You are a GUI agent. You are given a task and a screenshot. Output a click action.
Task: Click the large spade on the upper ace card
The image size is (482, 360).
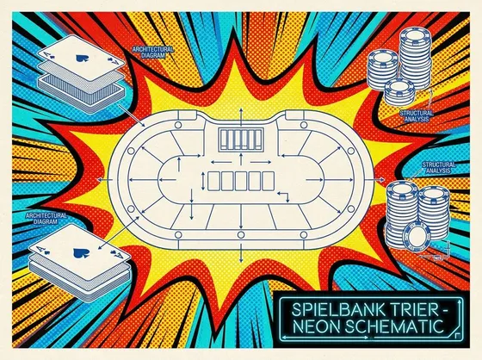(82, 58)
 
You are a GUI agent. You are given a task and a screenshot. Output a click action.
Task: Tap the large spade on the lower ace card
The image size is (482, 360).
(81, 253)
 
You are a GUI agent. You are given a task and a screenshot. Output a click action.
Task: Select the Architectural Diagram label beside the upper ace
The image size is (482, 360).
(153, 53)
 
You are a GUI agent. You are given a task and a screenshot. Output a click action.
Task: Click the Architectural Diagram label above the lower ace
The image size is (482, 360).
(46, 219)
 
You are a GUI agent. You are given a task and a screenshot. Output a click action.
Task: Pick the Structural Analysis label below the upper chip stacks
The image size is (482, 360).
(417, 116)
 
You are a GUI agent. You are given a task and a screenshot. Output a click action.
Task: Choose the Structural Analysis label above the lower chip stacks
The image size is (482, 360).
(439, 167)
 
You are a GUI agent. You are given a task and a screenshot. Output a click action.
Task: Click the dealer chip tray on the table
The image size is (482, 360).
(241, 139)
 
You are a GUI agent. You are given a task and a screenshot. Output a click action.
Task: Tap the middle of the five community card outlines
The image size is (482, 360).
(241, 181)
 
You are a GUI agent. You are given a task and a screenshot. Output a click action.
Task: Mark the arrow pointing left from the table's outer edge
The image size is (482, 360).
(104, 180)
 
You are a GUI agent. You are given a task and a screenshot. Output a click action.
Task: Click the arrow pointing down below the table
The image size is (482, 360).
(241, 253)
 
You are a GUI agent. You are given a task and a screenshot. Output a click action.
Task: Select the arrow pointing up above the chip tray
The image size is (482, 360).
(241, 117)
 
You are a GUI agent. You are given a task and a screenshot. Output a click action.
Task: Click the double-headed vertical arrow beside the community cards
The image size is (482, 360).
(203, 181)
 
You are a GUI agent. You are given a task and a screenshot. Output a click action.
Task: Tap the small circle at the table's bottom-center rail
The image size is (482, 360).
(241, 235)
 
